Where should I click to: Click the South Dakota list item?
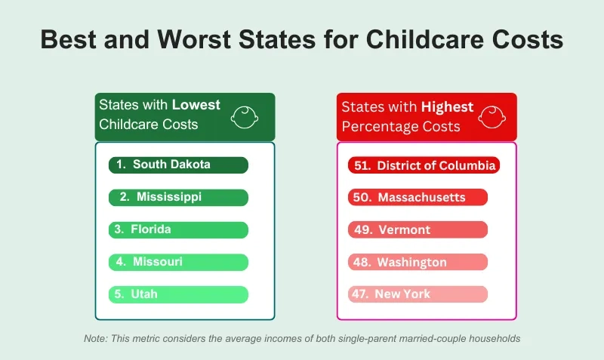(178, 165)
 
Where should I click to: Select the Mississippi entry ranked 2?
(178, 197)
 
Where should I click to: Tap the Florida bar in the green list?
(178, 229)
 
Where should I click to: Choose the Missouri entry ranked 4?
(178, 262)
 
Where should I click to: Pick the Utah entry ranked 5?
(178, 294)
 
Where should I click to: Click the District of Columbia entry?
(424, 165)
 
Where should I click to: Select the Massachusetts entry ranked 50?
(418, 198)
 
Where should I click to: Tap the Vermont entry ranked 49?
(418, 230)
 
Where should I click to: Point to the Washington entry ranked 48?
(418, 263)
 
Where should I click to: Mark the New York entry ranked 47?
(418, 294)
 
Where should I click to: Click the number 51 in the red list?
(362, 165)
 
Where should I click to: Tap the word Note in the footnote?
(96, 339)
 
